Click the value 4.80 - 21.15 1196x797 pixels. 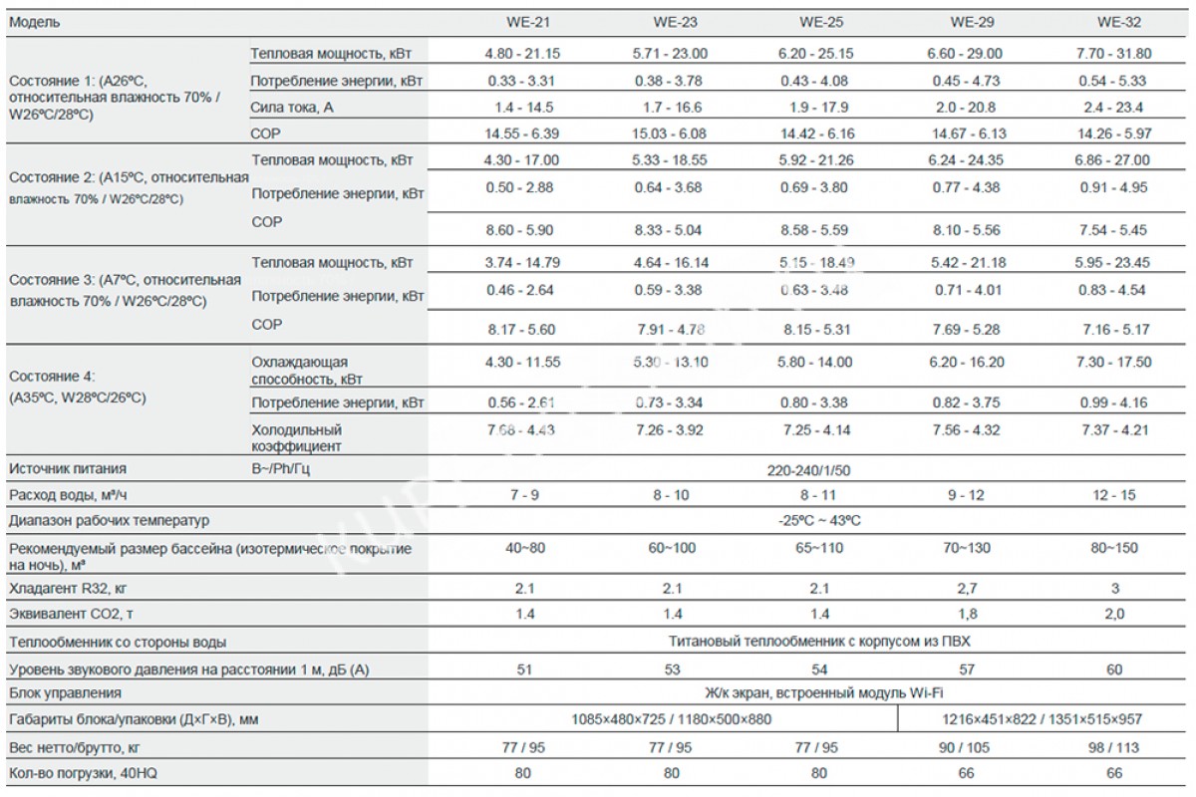(x=518, y=54)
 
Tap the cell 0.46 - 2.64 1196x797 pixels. (x=518, y=291)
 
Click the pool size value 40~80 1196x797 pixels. (x=518, y=549)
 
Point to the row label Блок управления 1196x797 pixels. (x=64, y=693)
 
